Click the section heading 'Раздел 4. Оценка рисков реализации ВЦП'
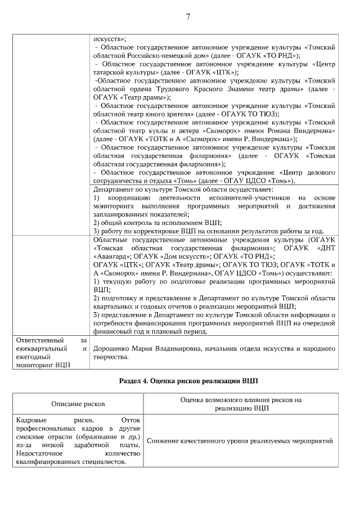[x=188, y=380]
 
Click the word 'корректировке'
[x=149, y=231]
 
